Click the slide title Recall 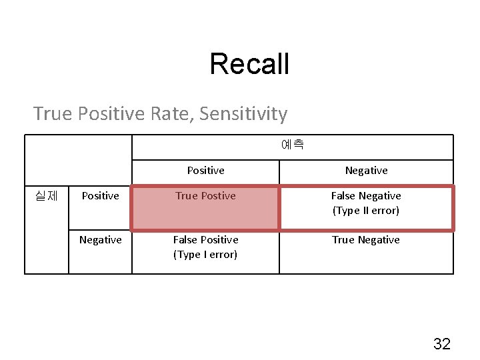pos(249,64)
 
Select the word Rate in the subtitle pos(171,114)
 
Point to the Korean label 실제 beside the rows pos(46,195)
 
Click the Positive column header pos(205,171)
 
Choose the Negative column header pos(366,171)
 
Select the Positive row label pos(100,196)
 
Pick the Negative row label pos(100,240)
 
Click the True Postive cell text pos(205,196)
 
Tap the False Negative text pos(366,196)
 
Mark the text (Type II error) pos(366,211)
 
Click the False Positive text pos(205,240)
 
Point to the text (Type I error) pos(205,255)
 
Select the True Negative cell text pos(366,240)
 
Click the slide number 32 pos(441,344)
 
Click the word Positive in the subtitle pos(111,114)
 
